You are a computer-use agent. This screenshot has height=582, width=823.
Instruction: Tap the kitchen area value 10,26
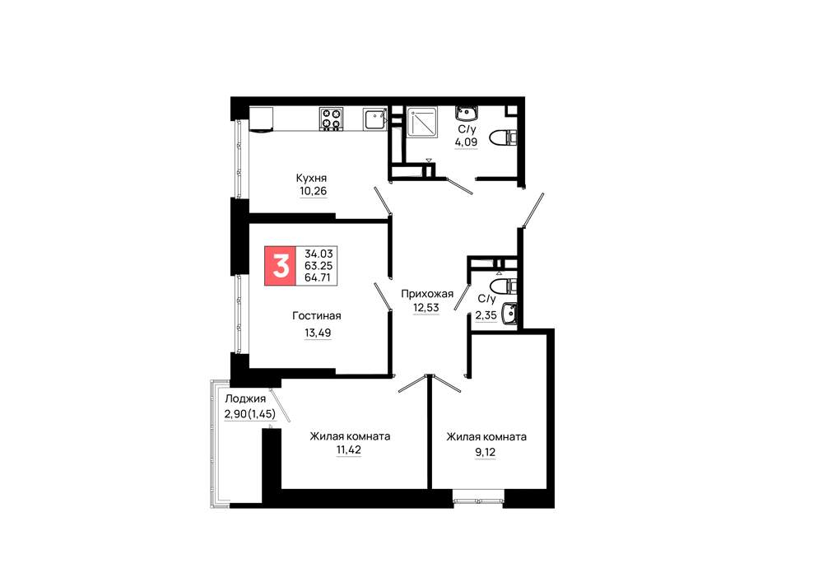314,191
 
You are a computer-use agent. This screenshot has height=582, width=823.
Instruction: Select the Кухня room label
311,178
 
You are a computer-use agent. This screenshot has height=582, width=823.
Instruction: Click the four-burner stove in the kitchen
331,119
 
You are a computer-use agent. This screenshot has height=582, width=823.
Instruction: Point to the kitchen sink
374,119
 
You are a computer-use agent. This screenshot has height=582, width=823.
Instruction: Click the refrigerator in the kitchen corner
262,119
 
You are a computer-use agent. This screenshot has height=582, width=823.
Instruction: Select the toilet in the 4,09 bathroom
503,138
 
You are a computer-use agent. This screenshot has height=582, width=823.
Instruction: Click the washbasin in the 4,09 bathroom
467,113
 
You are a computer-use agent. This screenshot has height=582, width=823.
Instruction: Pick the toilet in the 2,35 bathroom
503,286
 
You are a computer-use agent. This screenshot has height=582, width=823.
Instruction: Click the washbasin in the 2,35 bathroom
509,314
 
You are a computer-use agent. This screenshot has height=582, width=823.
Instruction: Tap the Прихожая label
427,294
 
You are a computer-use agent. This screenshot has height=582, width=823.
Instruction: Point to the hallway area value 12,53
426,307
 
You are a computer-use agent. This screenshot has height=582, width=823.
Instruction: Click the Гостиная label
317,315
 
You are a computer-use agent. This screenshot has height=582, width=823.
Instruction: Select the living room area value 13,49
318,333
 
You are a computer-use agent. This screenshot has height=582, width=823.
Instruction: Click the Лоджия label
245,399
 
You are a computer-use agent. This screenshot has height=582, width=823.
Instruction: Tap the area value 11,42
348,449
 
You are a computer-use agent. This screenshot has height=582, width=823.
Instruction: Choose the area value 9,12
486,452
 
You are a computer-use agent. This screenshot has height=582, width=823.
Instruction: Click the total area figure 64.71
318,277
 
